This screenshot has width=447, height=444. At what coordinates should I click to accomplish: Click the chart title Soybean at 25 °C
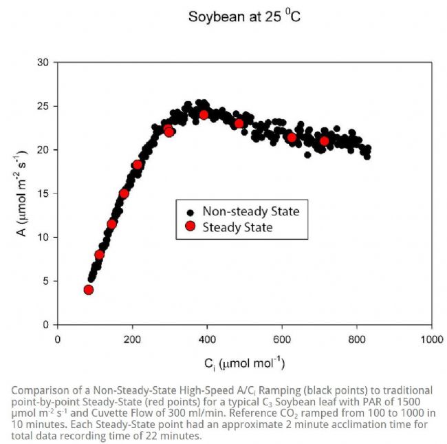(244, 15)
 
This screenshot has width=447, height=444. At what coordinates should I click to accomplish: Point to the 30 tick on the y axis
(45, 63)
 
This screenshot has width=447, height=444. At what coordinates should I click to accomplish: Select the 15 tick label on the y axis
(45, 193)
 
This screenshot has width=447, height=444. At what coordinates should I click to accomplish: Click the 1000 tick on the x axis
(432, 339)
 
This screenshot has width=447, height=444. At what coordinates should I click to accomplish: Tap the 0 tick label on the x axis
(58, 339)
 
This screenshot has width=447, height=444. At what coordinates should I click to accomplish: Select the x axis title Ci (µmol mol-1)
(244, 363)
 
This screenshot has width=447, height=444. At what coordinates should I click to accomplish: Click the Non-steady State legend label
(250, 211)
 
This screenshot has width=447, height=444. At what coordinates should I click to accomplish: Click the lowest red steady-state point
(88, 290)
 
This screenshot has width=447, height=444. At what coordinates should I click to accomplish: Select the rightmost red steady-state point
(325, 141)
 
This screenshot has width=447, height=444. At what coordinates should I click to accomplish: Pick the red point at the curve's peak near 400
(204, 114)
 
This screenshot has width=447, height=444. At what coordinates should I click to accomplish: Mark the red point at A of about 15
(124, 193)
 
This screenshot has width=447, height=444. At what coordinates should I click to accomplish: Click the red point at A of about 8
(99, 255)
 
